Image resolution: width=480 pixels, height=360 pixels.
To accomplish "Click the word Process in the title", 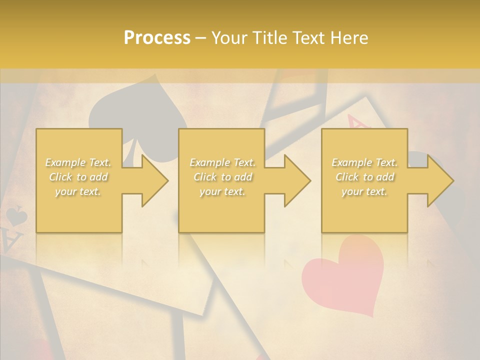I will [157, 38].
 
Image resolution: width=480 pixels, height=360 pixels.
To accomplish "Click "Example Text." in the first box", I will [78, 162].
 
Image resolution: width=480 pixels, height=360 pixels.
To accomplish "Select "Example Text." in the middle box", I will [222, 162].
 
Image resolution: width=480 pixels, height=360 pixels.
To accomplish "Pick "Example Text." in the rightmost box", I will [364, 162].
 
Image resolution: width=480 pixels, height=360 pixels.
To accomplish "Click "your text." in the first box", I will [78, 192].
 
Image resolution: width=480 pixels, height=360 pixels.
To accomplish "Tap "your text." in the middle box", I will [222, 192].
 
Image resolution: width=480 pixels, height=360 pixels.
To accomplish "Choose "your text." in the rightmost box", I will [364, 192].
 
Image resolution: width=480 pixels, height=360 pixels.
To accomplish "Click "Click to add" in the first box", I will [78, 177].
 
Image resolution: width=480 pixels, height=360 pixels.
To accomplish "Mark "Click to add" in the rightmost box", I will [364, 177].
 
